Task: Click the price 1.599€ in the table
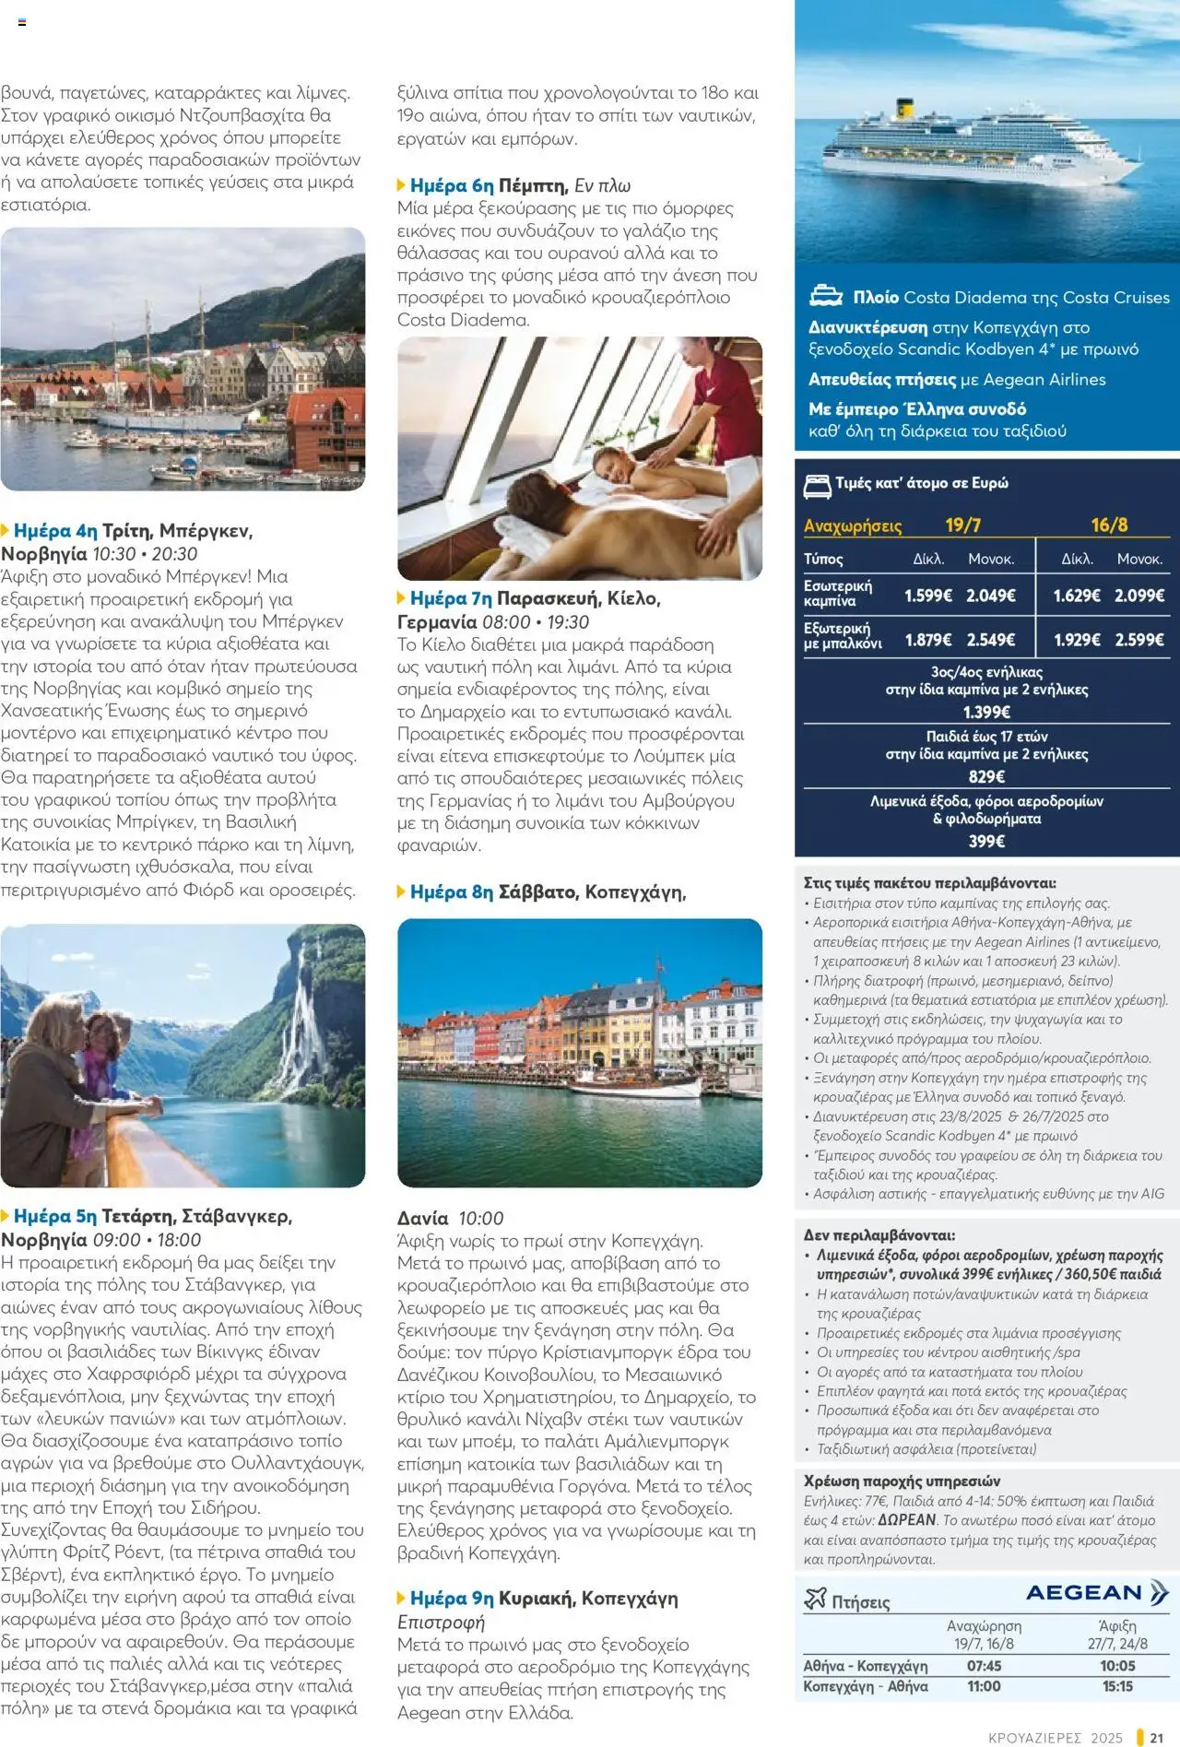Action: (927, 596)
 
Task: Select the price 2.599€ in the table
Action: (1139, 640)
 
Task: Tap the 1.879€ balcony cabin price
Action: (927, 640)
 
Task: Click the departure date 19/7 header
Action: (962, 525)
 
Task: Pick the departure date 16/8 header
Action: (1109, 525)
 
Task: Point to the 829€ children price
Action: (986, 776)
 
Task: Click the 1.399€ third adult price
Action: (986, 712)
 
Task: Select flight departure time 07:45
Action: (984, 1666)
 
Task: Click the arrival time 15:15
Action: (1117, 1686)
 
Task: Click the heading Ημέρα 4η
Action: (54, 531)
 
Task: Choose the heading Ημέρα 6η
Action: (451, 185)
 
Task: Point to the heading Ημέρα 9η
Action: (451, 1599)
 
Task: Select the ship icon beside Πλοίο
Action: (825, 297)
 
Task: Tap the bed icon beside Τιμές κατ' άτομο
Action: (817, 485)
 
